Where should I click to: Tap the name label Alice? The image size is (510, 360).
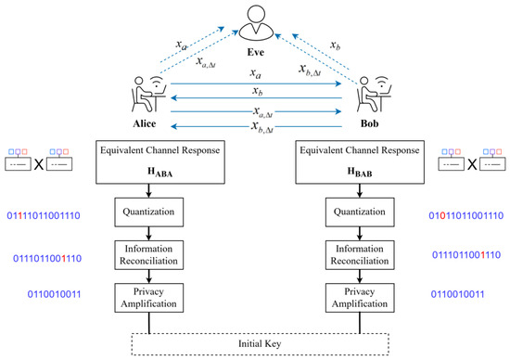[144, 123]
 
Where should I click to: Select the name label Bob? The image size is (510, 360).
[369, 123]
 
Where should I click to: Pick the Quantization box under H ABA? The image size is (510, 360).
[148, 212]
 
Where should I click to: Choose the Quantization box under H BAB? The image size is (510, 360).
[360, 212]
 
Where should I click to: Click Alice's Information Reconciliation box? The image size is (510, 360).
[148, 255]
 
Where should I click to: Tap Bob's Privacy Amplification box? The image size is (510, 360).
[360, 298]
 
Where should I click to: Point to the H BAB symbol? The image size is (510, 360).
[360, 172]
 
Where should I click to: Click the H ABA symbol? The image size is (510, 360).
[160, 172]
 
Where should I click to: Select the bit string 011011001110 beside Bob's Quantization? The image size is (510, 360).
[466, 215]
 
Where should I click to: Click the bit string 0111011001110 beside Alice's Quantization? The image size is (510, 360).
[44, 215]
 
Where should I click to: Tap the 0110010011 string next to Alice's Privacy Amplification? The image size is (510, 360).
[54, 294]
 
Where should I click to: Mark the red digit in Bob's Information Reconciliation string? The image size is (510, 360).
[483, 255]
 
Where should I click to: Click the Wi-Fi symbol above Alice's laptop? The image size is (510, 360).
[157, 82]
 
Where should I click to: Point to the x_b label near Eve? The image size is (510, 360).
[335, 45]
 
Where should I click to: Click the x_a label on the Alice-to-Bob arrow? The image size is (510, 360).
[256, 74]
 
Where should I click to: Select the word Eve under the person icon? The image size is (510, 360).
[256, 52]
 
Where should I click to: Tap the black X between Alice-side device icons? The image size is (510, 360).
[39, 164]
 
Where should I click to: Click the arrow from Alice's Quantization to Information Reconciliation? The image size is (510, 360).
[148, 234]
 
